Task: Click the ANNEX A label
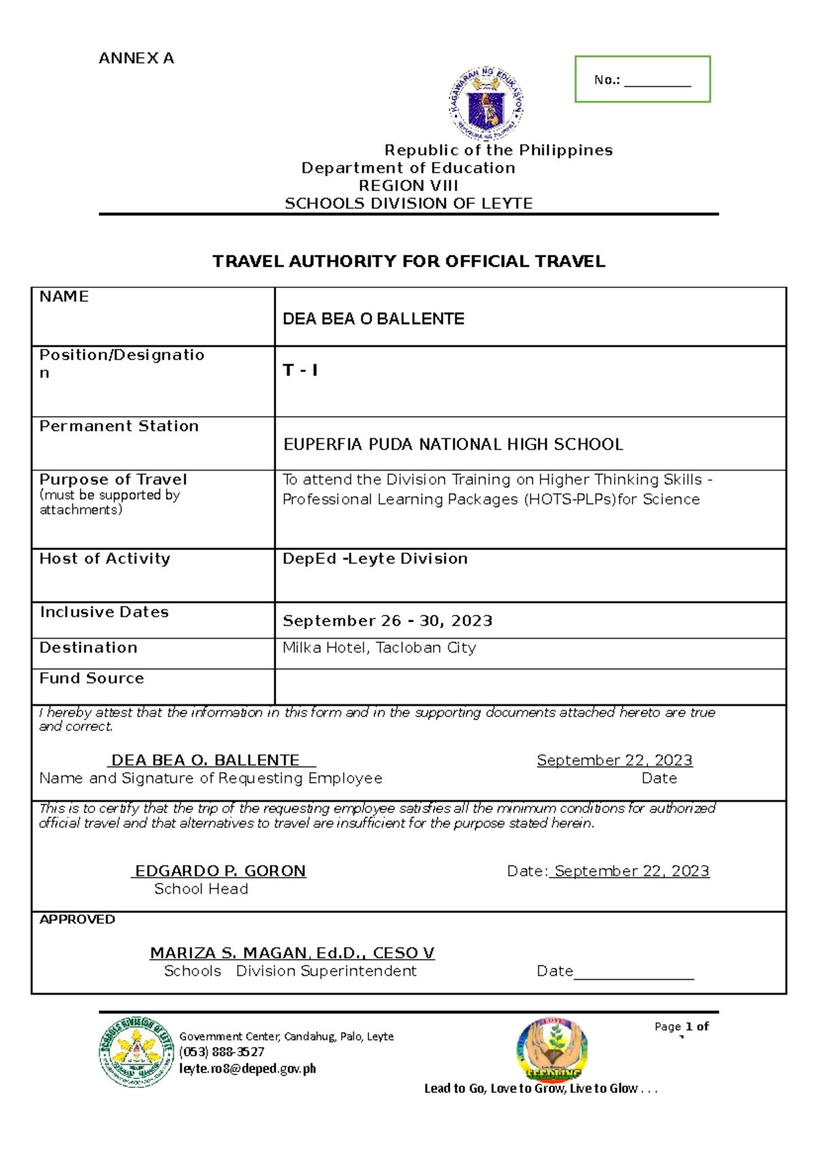[136, 59]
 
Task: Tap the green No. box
[642, 80]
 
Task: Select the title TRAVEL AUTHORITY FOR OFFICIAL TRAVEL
[408, 261]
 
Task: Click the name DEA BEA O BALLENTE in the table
[373, 319]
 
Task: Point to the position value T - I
[300, 370]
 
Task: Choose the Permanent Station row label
[119, 426]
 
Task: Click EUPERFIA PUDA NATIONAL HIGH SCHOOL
[453, 445]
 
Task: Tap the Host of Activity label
[105, 559]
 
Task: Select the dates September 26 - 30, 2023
[387, 621]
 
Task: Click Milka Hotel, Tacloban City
[379, 648]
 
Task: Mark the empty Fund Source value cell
[530, 686]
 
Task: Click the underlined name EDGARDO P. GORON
[220, 871]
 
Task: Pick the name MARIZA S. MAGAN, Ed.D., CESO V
[292, 953]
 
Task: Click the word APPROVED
[77, 920]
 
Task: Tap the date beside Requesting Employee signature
[614, 760]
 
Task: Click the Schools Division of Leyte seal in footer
[136, 1053]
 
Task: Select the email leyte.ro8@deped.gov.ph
[247, 1069]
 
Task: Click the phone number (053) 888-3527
[221, 1053]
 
